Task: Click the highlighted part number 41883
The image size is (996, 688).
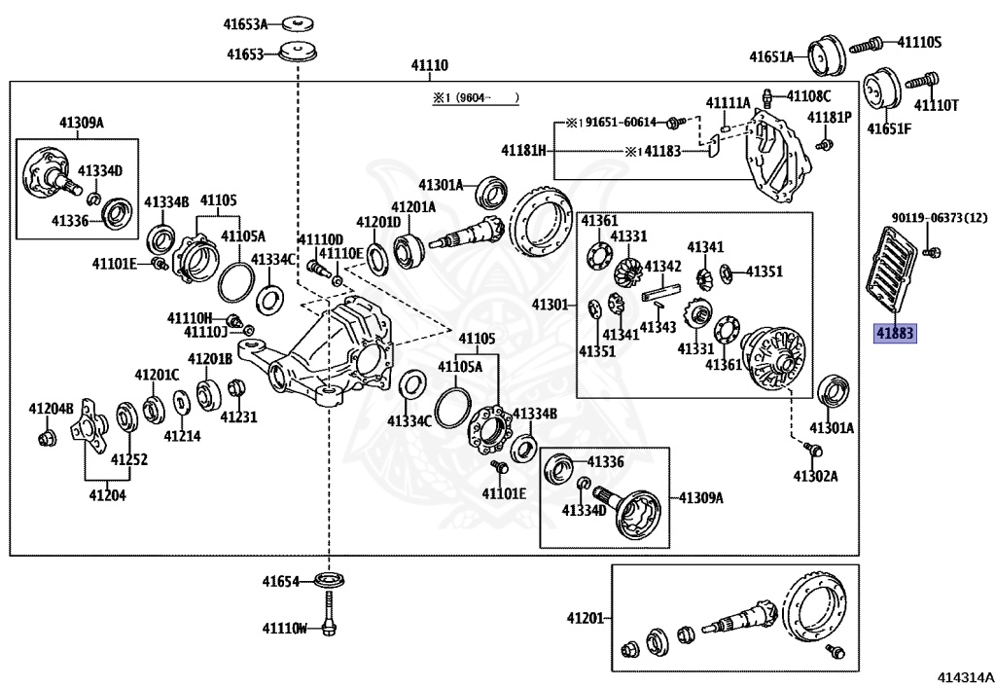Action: click(895, 333)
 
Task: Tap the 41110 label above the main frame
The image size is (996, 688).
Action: click(429, 65)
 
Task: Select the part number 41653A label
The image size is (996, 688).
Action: click(245, 24)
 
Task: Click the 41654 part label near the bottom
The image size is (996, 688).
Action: click(280, 581)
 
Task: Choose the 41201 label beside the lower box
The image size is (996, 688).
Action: click(586, 618)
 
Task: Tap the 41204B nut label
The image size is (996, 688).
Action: click(51, 409)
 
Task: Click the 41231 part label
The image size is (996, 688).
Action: click(239, 417)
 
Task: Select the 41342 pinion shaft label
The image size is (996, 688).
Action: click(662, 267)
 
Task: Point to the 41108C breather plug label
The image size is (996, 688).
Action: click(808, 96)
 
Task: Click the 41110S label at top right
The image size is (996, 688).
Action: click(919, 43)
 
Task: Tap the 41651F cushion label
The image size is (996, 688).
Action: click(889, 129)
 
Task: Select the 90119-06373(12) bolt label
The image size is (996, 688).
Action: click(940, 219)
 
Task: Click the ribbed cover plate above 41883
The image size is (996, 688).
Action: click(889, 268)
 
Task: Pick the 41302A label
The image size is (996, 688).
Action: click(816, 476)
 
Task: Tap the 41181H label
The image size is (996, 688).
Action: click(523, 151)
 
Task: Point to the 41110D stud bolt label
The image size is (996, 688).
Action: click(321, 239)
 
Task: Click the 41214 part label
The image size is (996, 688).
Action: click(182, 436)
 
